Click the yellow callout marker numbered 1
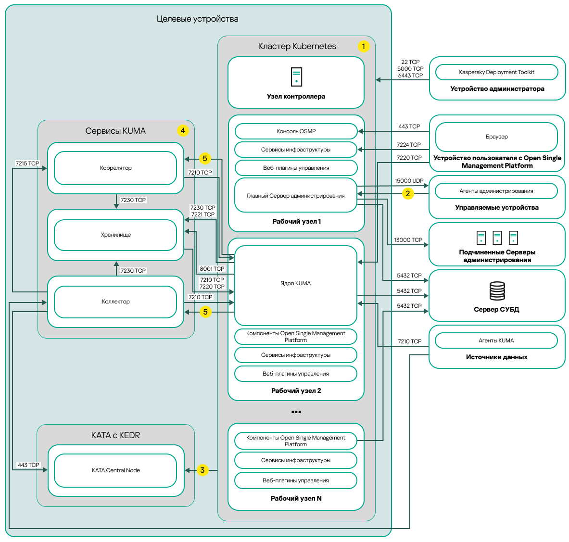pos(364,46)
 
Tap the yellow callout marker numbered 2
pos(408,193)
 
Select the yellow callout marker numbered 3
pos(202,470)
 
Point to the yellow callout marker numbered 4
pos(182,130)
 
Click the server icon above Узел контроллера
pos(296,77)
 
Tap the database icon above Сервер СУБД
pos(497,291)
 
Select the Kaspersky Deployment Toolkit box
pos(496,72)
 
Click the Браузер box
pos(496,137)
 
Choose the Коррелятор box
pos(115,168)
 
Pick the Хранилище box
pos(115,235)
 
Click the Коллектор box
pos(115,302)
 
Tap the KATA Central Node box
pos(115,470)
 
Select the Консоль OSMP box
pos(296,131)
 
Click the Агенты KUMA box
pos(496,340)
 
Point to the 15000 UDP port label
pos(409,181)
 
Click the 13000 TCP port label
pos(408,240)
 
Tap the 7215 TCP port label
pos(27,164)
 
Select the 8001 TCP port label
pos(212,269)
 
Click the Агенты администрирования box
pos(496,191)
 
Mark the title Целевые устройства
pos(198,19)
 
